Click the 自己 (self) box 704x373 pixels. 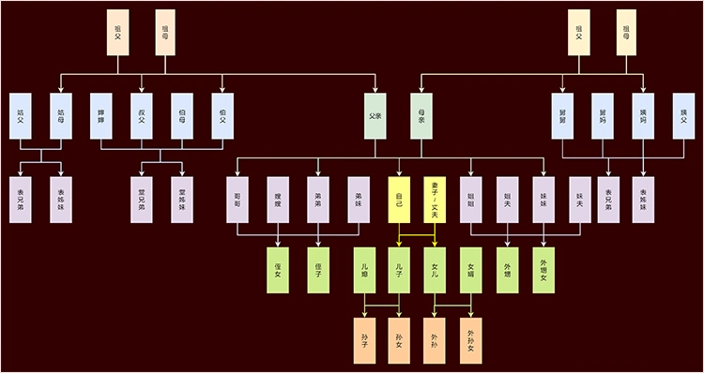[x=399, y=200]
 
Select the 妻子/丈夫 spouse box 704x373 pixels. [x=435, y=200]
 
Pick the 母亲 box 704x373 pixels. [x=421, y=116]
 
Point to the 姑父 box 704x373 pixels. [x=21, y=116]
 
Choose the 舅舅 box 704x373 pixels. [x=563, y=116]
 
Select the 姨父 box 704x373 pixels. [x=683, y=116]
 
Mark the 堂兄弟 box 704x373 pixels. [x=142, y=200]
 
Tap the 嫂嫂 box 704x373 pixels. [x=277, y=200]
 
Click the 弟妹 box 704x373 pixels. [x=358, y=200]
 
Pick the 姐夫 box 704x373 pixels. [x=507, y=200]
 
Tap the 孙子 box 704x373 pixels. [x=364, y=339]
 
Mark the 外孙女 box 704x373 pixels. [x=471, y=339]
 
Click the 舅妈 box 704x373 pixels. [x=603, y=116]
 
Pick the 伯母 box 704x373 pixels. [x=182, y=116]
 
